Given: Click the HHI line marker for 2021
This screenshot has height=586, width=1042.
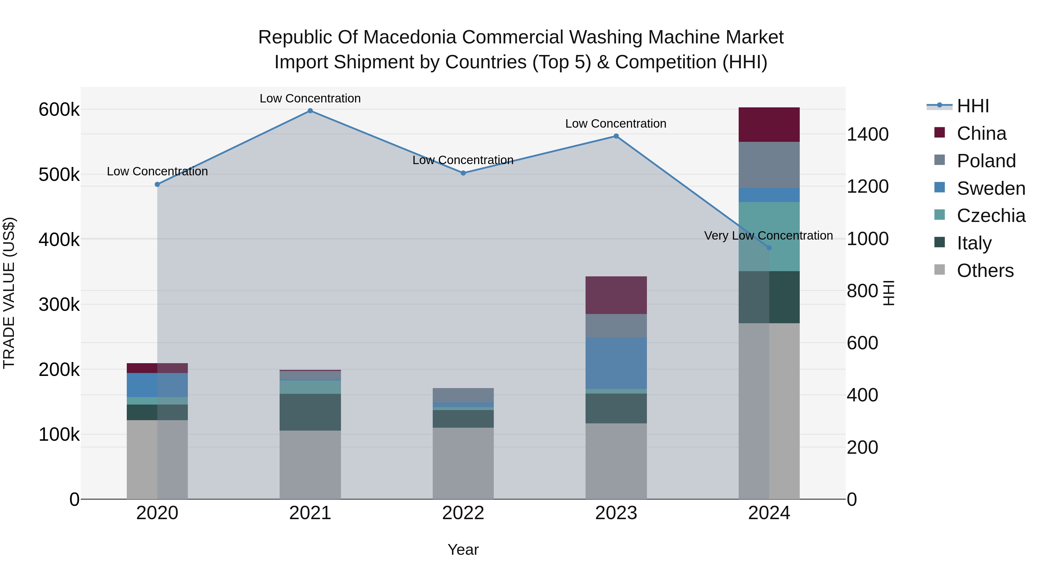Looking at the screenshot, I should (x=310, y=111).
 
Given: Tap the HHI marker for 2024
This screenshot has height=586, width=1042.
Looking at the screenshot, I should (x=769, y=248).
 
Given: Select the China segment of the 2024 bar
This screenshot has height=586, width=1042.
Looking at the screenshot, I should (x=769, y=124).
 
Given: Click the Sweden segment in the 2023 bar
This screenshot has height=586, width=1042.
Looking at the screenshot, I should (x=616, y=363).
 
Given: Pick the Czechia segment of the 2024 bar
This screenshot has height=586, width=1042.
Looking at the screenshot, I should (x=769, y=237).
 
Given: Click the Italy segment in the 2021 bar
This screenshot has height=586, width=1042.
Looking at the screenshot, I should (x=310, y=412).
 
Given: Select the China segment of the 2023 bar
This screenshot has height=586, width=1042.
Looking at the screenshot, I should (x=616, y=295).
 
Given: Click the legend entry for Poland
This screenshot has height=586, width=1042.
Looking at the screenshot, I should (x=986, y=161).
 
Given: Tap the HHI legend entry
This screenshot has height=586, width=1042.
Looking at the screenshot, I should (x=973, y=106).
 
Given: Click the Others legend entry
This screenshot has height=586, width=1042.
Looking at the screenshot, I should (x=985, y=271).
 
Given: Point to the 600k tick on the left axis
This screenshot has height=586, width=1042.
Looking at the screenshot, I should (x=59, y=110).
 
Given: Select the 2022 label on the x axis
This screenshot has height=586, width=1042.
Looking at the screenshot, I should (x=463, y=513).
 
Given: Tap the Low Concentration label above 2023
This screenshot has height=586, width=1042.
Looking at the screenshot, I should (x=616, y=124).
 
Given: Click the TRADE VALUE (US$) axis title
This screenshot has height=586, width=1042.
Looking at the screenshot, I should (x=9, y=293).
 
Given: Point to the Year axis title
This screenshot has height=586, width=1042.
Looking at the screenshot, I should (x=463, y=550).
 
